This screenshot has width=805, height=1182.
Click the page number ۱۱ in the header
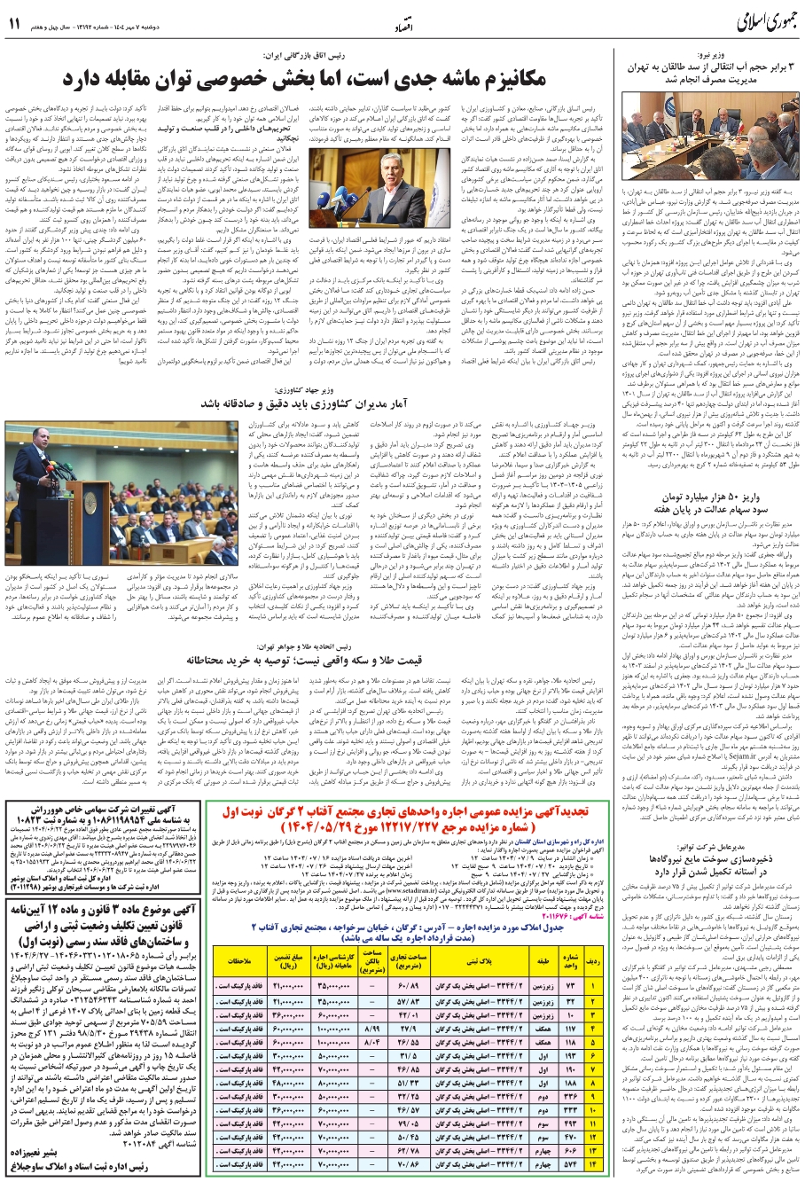[14, 24]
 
